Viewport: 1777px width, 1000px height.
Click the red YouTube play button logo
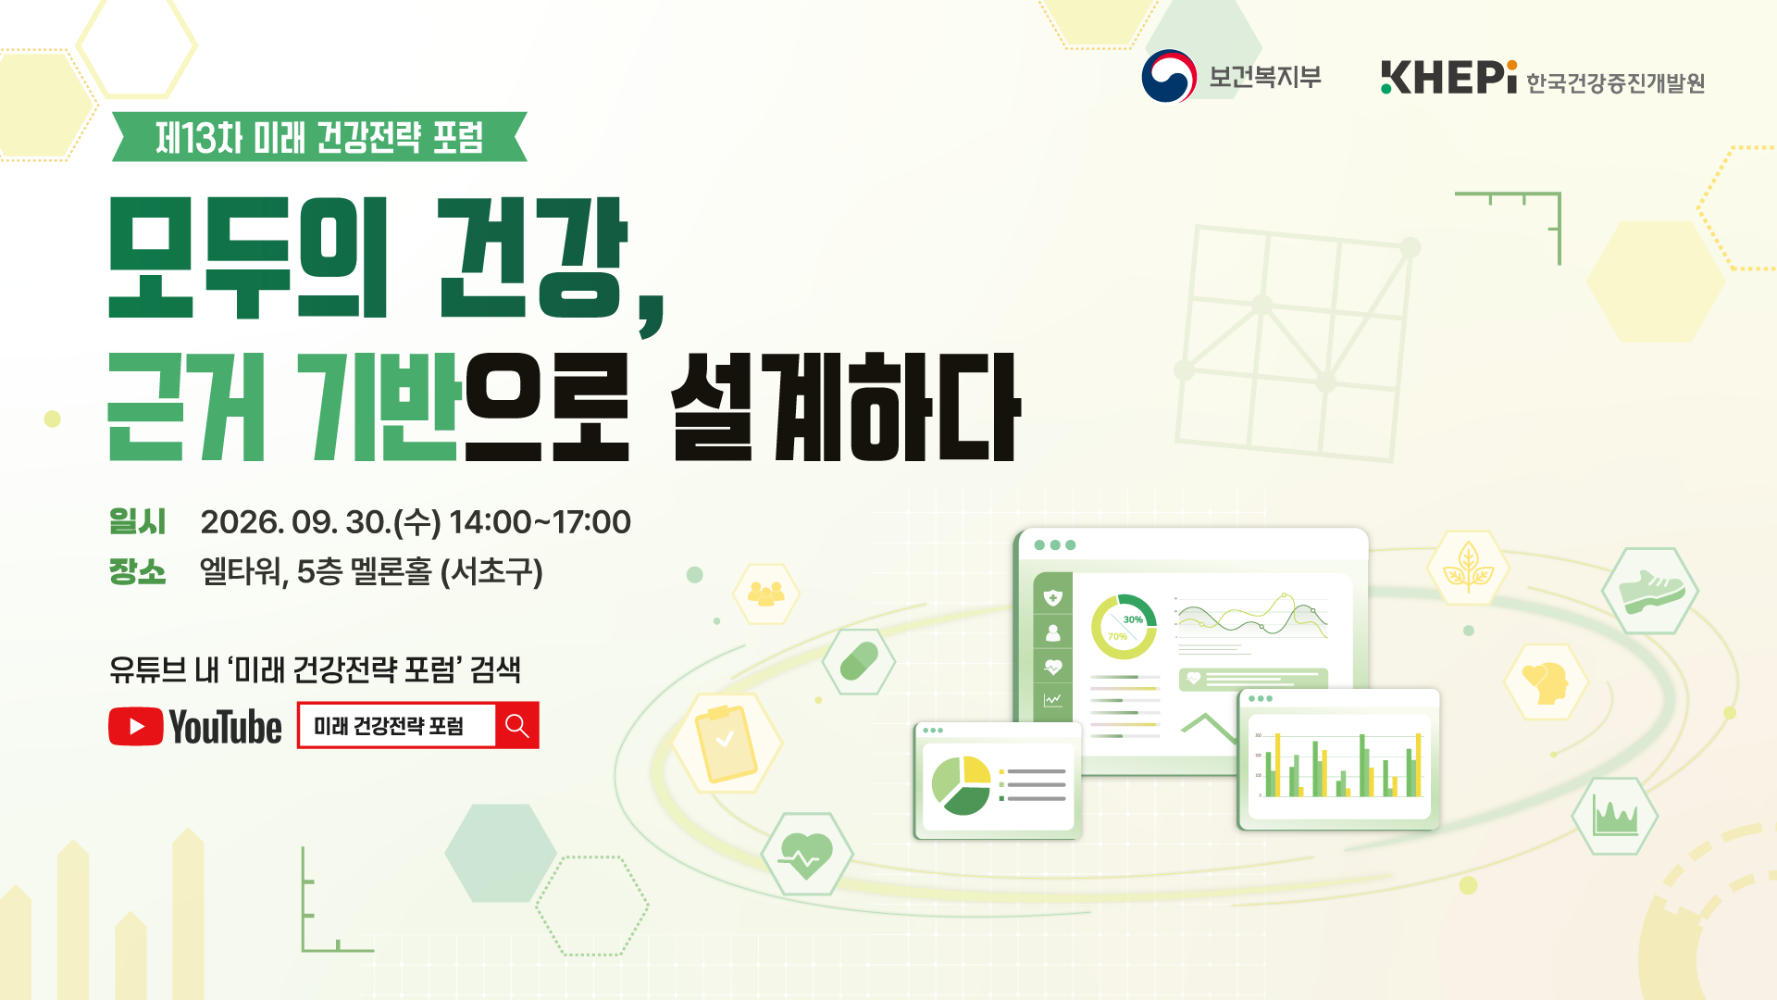tap(136, 727)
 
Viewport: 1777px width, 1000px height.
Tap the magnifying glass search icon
tap(517, 726)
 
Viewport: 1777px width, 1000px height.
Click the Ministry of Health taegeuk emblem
tap(1169, 76)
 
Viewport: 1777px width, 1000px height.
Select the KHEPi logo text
tap(1448, 78)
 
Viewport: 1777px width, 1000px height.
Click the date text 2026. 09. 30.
tap(295, 522)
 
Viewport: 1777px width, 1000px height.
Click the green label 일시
tap(137, 521)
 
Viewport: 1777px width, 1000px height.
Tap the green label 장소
tap(137, 571)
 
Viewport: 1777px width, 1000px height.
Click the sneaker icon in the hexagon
tap(1651, 591)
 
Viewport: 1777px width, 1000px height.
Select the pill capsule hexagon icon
tap(859, 661)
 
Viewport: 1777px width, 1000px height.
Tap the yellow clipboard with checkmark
tap(727, 743)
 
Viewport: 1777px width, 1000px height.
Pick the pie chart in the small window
tap(961, 785)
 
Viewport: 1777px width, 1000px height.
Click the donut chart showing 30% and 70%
tap(1124, 627)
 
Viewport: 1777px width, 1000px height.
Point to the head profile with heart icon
tap(1545, 683)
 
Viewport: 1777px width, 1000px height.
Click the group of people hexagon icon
tap(765, 593)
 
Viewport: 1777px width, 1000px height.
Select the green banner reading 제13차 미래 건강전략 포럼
tap(319, 137)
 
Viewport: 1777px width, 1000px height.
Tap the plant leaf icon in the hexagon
tap(1468, 567)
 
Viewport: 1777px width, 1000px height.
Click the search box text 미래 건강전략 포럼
tap(389, 726)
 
